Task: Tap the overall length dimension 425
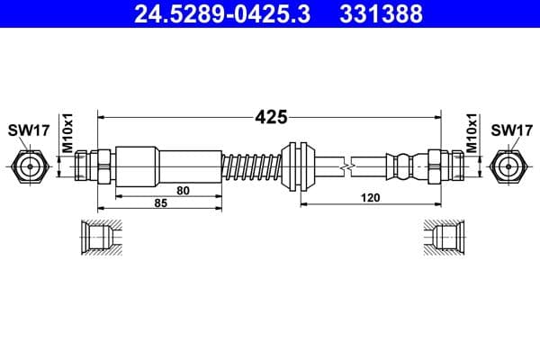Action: [x=270, y=116]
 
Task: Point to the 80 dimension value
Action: [x=183, y=190]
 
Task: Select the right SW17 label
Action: [x=510, y=130]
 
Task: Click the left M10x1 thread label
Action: [x=66, y=130]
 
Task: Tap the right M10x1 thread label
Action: [x=472, y=130]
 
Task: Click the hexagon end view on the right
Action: [x=510, y=166]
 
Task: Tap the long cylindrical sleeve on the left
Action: [x=166, y=166]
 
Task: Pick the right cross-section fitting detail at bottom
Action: [x=441, y=238]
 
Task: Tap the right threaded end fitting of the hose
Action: [x=445, y=166]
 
